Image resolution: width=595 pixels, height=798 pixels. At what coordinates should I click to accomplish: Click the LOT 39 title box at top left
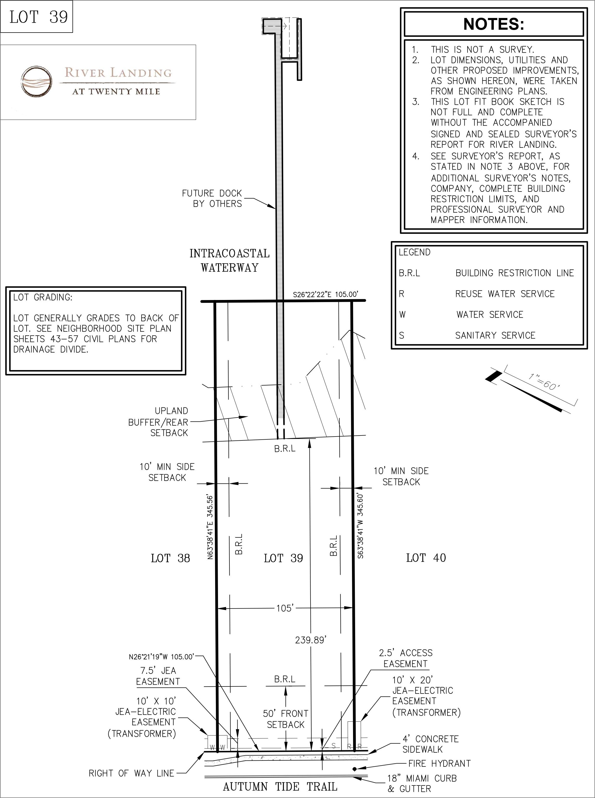coord(37,17)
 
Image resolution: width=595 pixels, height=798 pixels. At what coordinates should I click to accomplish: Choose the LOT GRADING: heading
coord(43,297)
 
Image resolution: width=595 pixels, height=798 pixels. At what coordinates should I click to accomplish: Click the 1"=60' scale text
coord(544,382)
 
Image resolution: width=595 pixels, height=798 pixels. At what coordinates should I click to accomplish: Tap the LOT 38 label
coord(170,558)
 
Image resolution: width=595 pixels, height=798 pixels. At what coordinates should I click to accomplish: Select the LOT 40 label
coord(426,558)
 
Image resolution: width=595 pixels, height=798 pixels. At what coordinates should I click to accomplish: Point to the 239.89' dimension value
coord(311,640)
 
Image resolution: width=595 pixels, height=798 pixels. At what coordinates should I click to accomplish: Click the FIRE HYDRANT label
coord(439,763)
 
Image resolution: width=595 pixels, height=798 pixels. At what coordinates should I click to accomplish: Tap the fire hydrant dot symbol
coord(355,769)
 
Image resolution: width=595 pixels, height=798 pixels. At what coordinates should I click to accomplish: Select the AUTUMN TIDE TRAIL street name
coord(280,787)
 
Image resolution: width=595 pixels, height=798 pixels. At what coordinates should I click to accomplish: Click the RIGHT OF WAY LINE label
coord(131,773)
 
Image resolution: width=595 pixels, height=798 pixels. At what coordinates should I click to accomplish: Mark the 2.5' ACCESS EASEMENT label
coord(405,658)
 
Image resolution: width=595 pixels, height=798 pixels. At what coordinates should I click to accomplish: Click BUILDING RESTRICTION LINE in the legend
coord(515,273)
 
